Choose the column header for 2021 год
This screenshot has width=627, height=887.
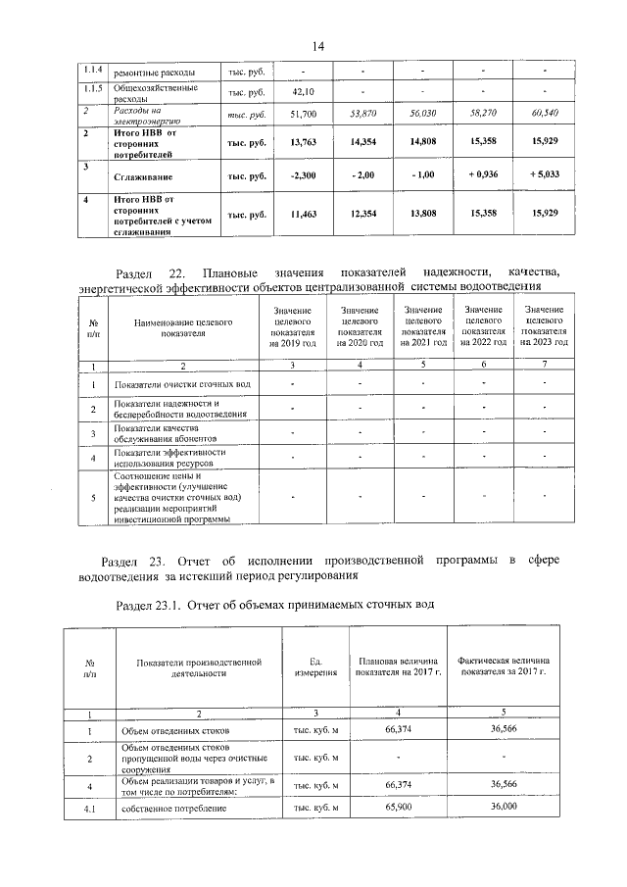(423, 327)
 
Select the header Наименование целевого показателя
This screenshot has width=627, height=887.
(183, 327)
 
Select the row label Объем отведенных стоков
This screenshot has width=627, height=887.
(170, 730)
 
